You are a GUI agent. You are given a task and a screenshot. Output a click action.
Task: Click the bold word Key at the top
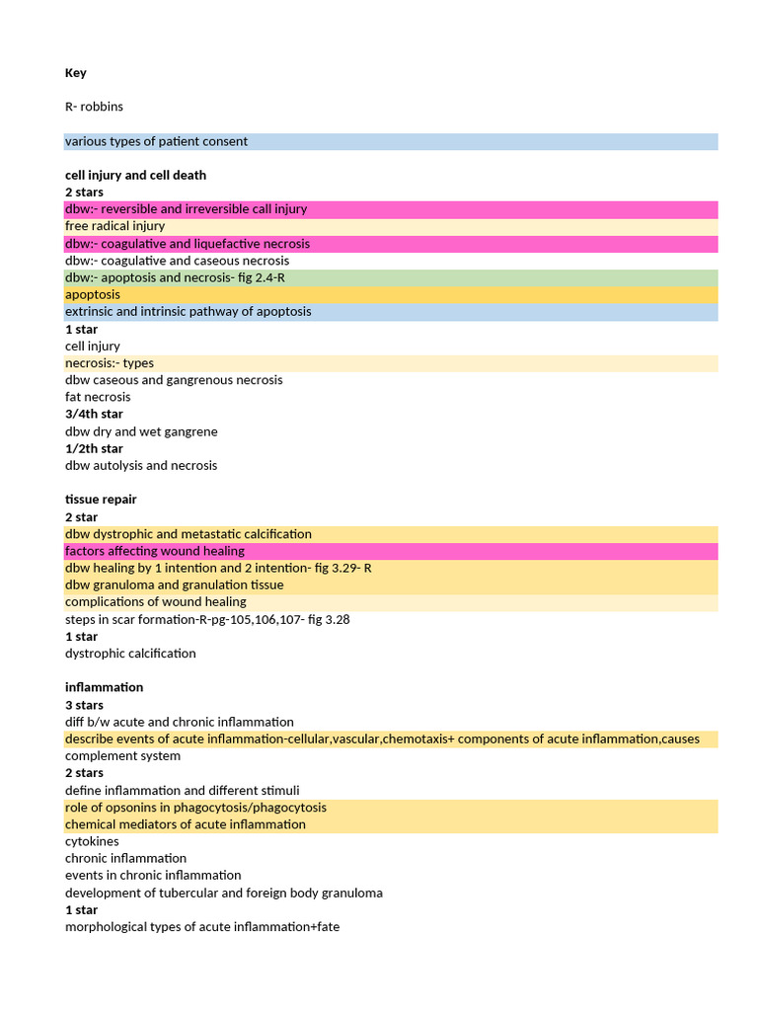point(76,73)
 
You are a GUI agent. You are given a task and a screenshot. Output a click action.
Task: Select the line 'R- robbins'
point(94,107)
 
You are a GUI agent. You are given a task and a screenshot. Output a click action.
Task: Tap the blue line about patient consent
point(156,141)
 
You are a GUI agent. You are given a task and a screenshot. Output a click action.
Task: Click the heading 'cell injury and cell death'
point(135,175)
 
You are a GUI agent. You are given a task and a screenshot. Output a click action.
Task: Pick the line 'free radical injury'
point(114,226)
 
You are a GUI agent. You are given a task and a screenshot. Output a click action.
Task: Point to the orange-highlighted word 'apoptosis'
point(93,294)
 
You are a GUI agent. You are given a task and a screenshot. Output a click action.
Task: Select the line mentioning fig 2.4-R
point(175,277)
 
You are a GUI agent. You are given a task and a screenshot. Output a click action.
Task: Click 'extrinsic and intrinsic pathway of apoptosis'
point(188,311)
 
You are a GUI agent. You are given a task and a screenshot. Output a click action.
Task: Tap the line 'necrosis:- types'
point(109,362)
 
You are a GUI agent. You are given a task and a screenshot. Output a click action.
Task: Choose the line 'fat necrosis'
point(98,397)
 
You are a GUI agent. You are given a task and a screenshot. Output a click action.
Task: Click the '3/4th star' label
point(94,414)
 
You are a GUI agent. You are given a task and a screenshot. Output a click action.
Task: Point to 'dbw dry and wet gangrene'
point(141,431)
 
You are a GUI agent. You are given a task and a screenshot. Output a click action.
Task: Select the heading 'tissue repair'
point(101,500)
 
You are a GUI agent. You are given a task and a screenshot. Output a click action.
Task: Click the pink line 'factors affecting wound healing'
point(155,551)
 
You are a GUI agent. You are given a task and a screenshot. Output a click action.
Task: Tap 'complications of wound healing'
point(156,602)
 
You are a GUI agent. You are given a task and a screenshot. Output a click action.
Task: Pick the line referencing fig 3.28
point(207,619)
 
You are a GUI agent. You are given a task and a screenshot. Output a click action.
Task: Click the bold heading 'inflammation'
point(105,687)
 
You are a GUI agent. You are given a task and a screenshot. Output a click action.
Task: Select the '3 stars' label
point(84,705)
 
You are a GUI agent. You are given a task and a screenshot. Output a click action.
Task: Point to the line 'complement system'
point(122,756)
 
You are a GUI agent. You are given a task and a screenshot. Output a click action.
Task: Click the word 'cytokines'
point(92,841)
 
